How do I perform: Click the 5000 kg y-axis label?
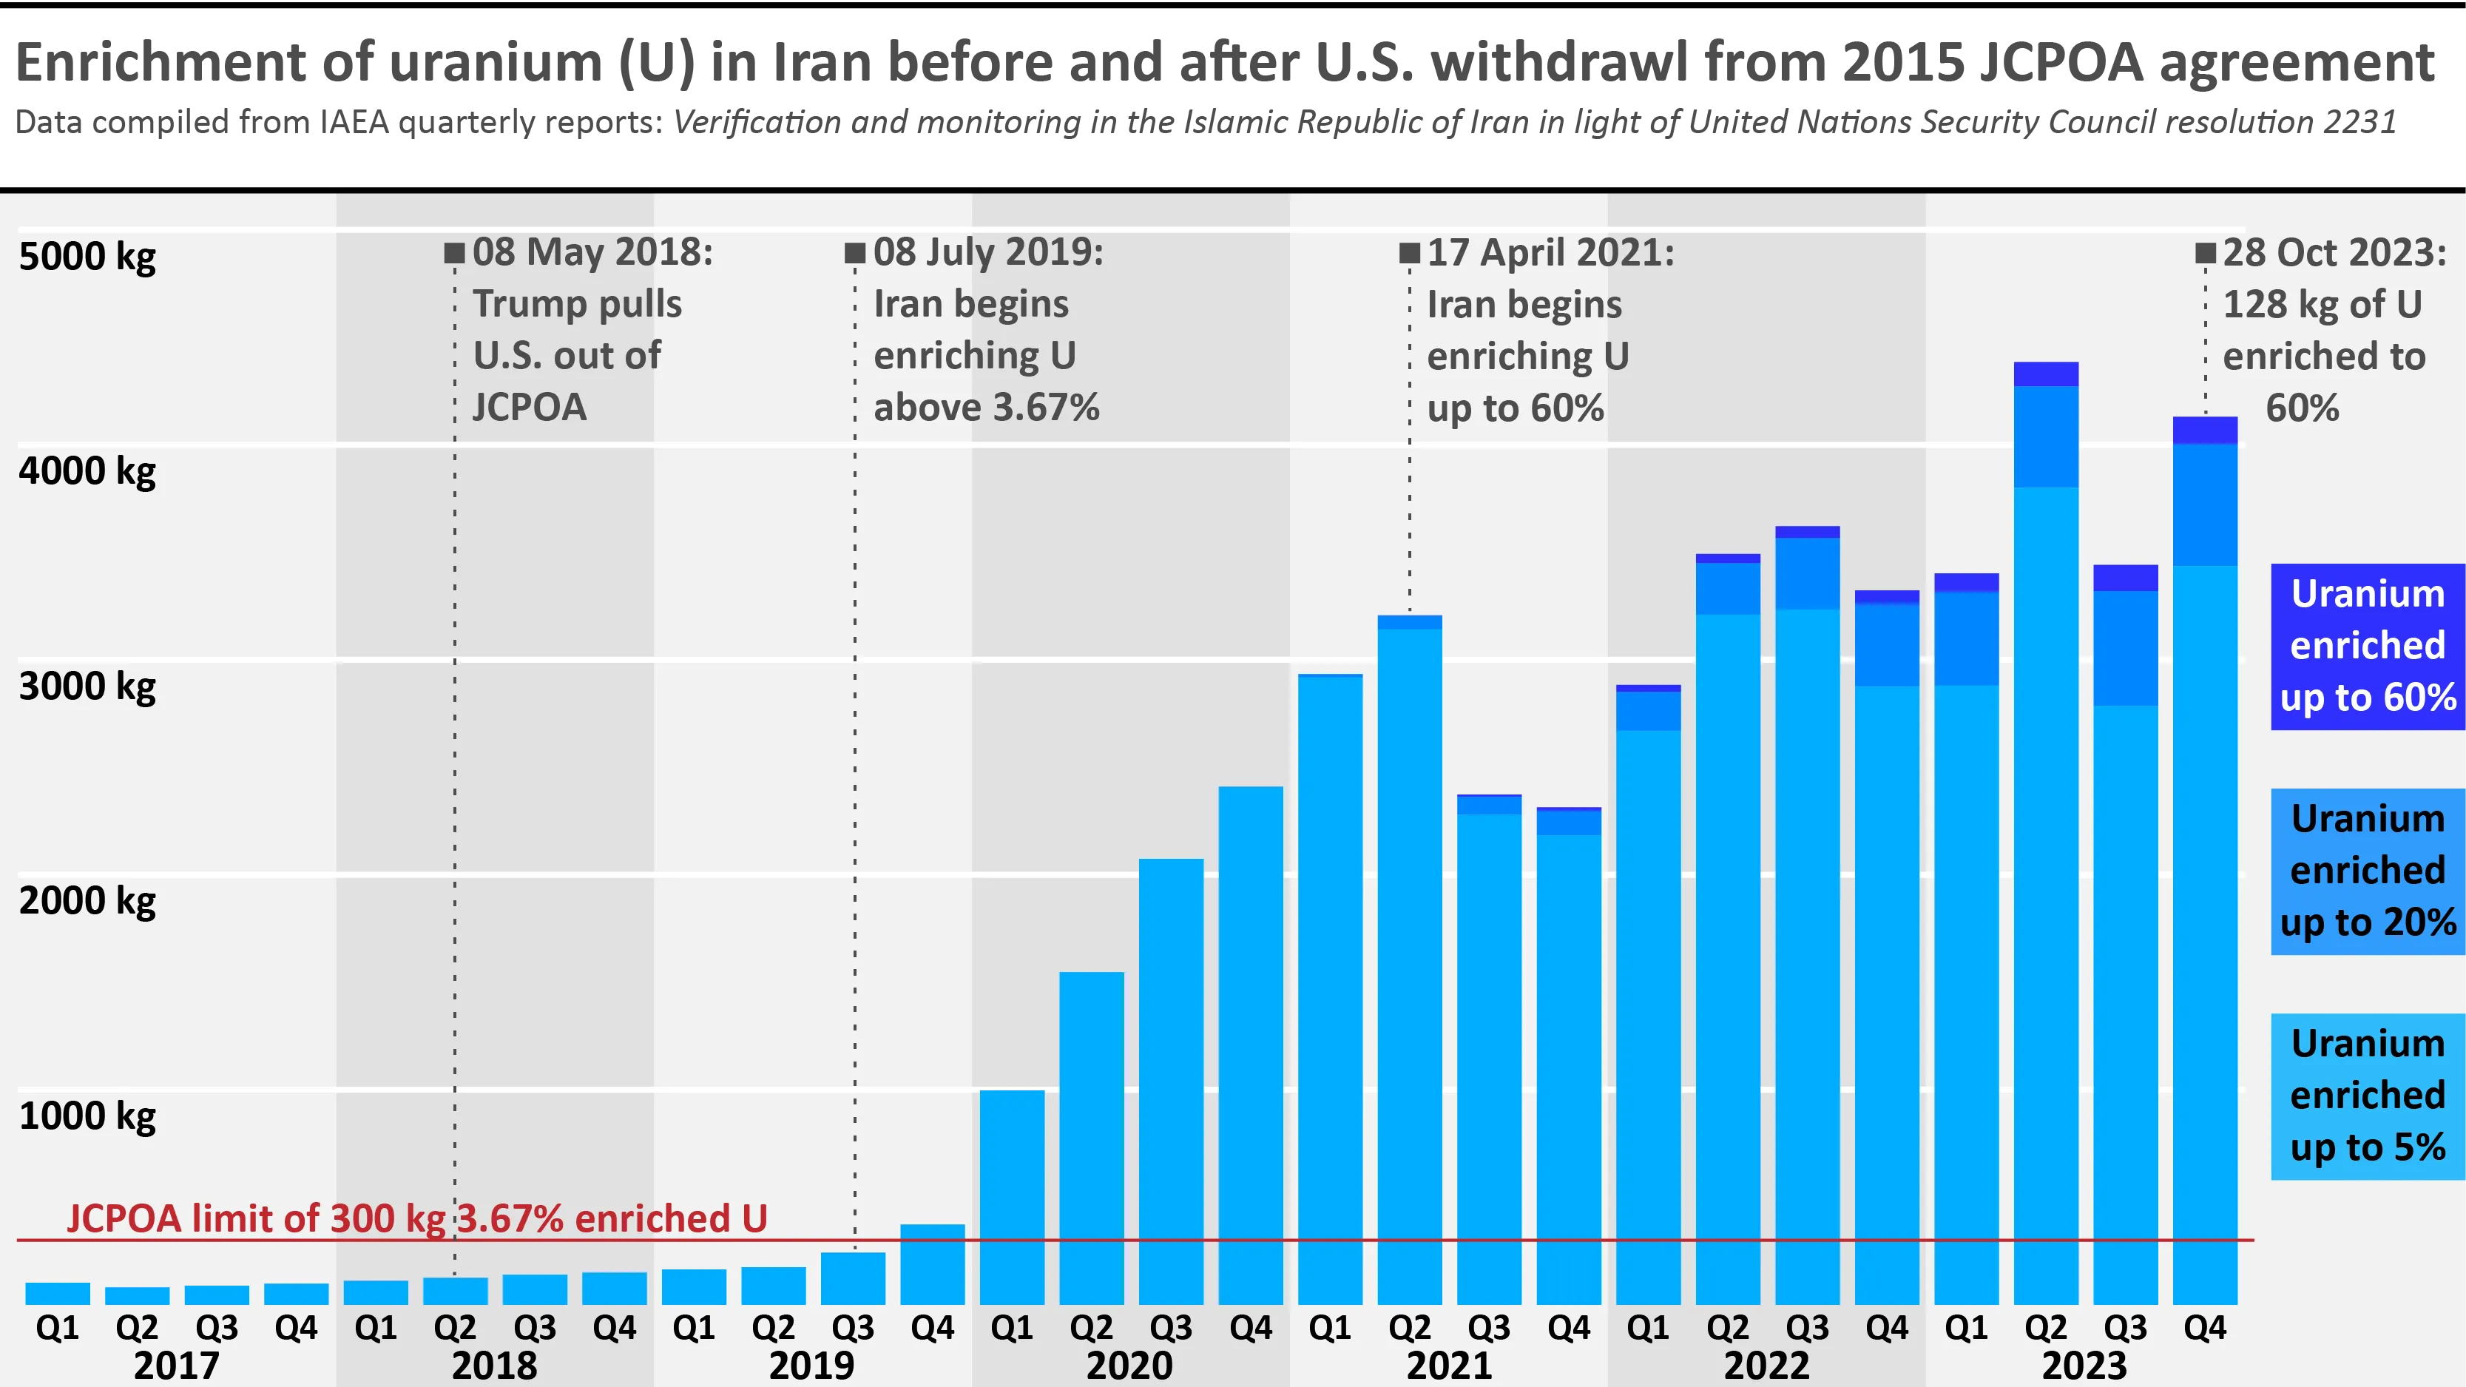click(x=87, y=257)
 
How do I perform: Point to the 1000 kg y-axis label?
click(x=87, y=1116)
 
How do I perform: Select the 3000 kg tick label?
click(x=87, y=686)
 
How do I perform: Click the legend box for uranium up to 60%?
click(x=2368, y=646)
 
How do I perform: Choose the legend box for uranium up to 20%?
click(x=2368, y=871)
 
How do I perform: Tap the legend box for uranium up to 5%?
click(x=2368, y=1096)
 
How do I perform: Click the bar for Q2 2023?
click(x=2046, y=862)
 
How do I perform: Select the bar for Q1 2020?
click(x=1012, y=1196)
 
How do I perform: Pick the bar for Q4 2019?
click(x=933, y=1263)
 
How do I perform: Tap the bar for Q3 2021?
click(x=1489, y=1053)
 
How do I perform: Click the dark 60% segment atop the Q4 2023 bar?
click(x=2205, y=430)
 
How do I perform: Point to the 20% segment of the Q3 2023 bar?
click(x=2125, y=648)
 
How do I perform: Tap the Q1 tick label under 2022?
click(x=1647, y=1328)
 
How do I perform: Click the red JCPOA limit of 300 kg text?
click(x=416, y=1218)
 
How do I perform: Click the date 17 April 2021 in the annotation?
click(x=1551, y=254)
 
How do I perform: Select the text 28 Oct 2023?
click(x=2334, y=254)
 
